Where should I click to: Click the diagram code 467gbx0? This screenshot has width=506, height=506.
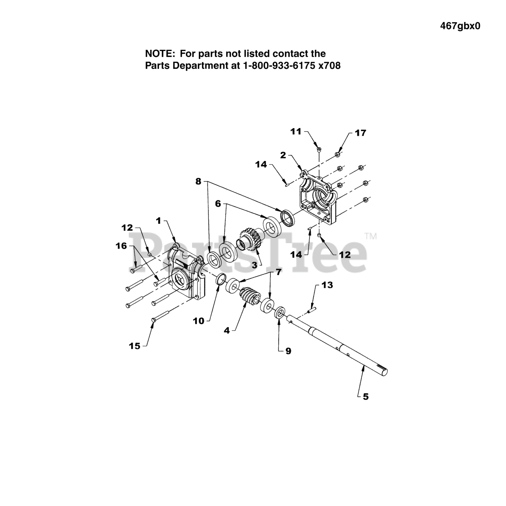click(460, 26)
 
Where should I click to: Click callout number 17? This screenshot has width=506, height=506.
click(360, 133)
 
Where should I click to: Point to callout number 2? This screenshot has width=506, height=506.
click(283, 155)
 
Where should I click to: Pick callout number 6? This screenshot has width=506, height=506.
click(218, 204)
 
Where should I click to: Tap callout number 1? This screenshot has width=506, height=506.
click(159, 221)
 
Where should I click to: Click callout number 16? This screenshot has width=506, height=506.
click(121, 246)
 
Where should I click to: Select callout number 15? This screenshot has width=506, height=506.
click(135, 346)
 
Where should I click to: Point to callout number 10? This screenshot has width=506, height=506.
click(199, 321)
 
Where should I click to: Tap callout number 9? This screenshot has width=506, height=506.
click(288, 351)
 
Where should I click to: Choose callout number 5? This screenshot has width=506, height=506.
click(365, 396)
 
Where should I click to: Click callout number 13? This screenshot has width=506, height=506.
click(327, 285)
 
